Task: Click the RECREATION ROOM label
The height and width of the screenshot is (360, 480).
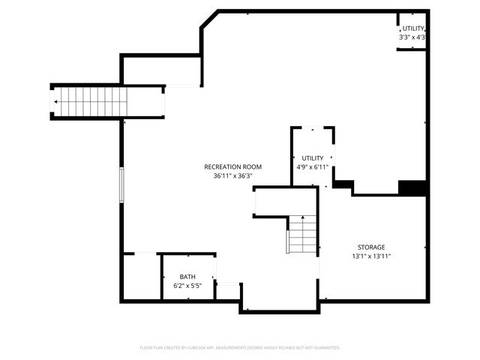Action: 232,166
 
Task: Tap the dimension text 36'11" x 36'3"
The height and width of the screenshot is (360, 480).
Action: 232,175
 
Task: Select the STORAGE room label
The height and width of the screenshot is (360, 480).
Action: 370,247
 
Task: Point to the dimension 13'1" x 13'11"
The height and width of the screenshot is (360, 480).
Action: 370,256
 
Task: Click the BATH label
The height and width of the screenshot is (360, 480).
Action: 187,277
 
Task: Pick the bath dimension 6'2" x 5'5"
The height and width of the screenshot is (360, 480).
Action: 187,286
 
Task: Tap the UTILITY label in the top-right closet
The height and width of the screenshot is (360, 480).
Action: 413,28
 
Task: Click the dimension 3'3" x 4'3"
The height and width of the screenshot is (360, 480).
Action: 413,37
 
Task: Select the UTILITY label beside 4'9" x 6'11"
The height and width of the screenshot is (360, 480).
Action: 312,158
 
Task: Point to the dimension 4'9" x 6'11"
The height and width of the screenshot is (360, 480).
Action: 312,166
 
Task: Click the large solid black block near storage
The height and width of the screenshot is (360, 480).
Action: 412,188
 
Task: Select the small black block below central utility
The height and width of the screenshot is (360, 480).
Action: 343,184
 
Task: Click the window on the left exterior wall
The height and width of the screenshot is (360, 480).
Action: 121,184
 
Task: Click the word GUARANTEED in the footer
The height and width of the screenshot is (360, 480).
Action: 325,348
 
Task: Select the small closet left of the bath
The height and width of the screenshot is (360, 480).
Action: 141,276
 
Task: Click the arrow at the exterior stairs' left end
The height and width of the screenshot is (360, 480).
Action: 55,101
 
